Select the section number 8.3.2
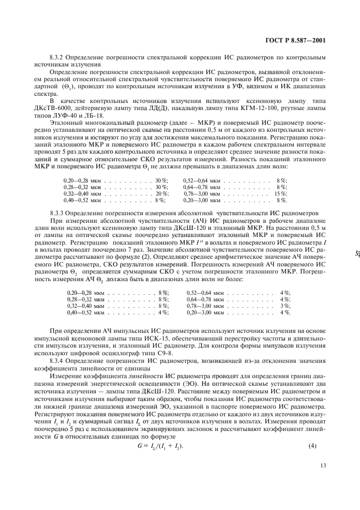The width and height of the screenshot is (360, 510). (x=58, y=57)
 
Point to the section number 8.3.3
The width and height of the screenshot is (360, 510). (x=58, y=213)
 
